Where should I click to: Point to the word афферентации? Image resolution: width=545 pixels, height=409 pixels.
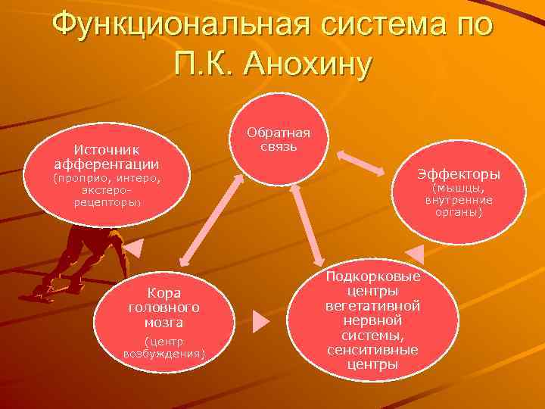pos(106,164)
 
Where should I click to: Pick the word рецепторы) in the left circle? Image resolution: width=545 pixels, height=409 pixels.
pos(107,203)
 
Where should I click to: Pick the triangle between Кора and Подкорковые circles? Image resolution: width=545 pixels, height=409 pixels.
pos(260,321)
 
